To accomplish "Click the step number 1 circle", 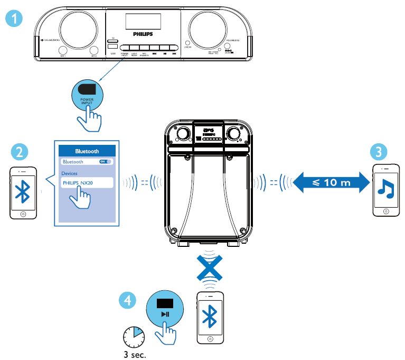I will [17, 20].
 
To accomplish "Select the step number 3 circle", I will [378, 153].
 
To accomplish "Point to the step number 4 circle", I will [127, 300].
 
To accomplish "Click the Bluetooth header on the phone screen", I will [87, 151].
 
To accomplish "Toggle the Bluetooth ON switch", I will [106, 162].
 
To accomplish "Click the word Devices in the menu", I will [70, 173].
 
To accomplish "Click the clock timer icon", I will [133, 335].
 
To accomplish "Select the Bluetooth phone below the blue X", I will [211, 317].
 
